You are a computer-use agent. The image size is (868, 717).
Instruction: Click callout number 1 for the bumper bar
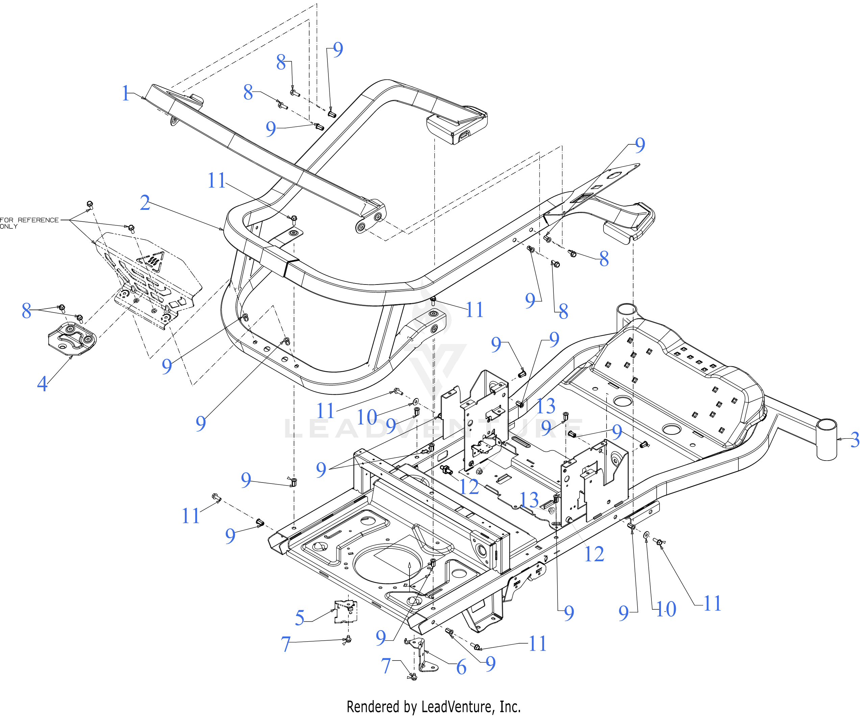tap(126, 93)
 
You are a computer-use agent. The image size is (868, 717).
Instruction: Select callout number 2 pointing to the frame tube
tap(145, 203)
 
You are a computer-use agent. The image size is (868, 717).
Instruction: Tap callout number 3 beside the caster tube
tap(855, 440)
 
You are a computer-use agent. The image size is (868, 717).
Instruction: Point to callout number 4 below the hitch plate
tap(42, 384)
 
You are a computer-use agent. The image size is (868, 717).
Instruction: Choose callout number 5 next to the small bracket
tap(300, 618)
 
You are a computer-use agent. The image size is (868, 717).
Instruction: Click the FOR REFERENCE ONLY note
tap(29, 223)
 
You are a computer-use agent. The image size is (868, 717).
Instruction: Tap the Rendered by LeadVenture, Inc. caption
tap(433, 707)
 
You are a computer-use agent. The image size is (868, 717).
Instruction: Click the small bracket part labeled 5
tap(346, 612)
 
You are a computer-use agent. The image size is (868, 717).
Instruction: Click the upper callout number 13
tap(546, 406)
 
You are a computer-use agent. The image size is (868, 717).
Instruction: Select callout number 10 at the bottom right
tap(666, 609)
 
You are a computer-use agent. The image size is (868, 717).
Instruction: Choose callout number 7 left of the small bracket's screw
tap(286, 644)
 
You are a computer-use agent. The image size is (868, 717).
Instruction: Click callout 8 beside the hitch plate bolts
tap(26, 311)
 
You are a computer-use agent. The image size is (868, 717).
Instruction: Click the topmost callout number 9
tap(338, 50)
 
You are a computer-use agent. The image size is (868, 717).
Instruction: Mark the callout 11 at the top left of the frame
tap(216, 180)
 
